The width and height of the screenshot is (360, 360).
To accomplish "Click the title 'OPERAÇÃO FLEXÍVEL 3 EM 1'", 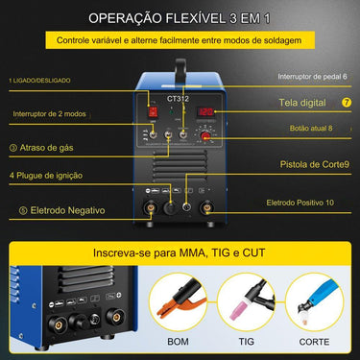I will [x=180, y=18].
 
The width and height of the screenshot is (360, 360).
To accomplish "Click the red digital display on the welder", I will [x=204, y=113].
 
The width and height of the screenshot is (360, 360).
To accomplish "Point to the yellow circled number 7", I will [x=347, y=101].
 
